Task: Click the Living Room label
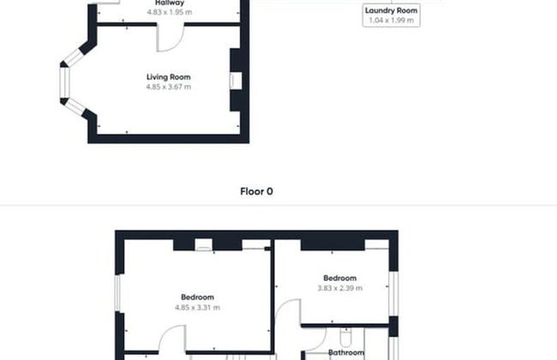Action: [168, 77]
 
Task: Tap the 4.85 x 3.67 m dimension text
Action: [168, 87]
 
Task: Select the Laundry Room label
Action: [392, 9]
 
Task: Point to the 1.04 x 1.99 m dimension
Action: [392, 19]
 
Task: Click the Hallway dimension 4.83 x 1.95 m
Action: [168, 13]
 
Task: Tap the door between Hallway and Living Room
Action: [169, 36]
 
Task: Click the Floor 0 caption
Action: [256, 192]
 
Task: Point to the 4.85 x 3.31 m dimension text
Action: [197, 307]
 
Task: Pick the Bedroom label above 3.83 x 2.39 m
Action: [340, 278]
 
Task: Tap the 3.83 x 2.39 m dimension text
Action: [340, 288]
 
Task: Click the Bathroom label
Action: [346, 352]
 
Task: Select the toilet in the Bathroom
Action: [345, 336]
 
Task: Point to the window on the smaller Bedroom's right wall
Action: [393, 293]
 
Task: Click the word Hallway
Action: [168, 3]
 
